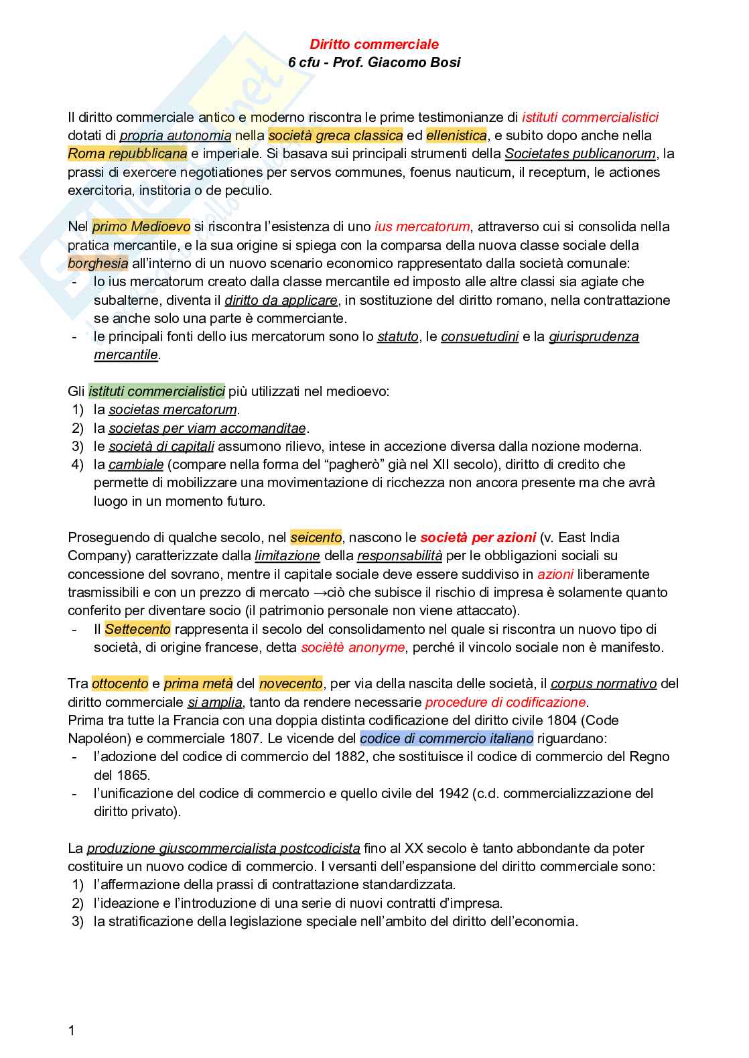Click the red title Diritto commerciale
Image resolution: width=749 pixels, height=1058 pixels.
point(374,44)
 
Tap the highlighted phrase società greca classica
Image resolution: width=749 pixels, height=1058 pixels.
point(336,135)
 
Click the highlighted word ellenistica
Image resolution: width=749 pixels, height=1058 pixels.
point(456,135)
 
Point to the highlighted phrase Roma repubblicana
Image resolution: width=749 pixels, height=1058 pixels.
point(127,153)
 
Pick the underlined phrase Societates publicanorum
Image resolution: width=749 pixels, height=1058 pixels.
point(580,153)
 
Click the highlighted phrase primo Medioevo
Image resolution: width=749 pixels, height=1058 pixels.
point(141,226)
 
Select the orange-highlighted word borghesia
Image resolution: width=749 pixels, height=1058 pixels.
point(98,263)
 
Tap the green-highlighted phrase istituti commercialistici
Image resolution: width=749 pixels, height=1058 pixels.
point(157,391)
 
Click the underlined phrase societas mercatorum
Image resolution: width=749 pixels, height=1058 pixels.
point(173,409)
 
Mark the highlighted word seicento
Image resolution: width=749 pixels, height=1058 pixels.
point(316,537)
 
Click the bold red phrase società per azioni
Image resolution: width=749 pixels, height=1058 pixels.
point(478,537)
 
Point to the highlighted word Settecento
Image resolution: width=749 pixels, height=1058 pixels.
point(137,629)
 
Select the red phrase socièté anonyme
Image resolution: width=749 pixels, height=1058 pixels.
point(352,647)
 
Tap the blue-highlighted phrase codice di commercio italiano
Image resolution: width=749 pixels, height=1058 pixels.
point(446,738)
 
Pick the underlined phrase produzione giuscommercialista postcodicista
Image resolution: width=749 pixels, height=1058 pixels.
point(223,848)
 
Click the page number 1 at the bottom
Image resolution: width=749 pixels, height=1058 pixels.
point(72,1031)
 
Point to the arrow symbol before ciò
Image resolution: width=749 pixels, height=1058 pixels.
point(320,592)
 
